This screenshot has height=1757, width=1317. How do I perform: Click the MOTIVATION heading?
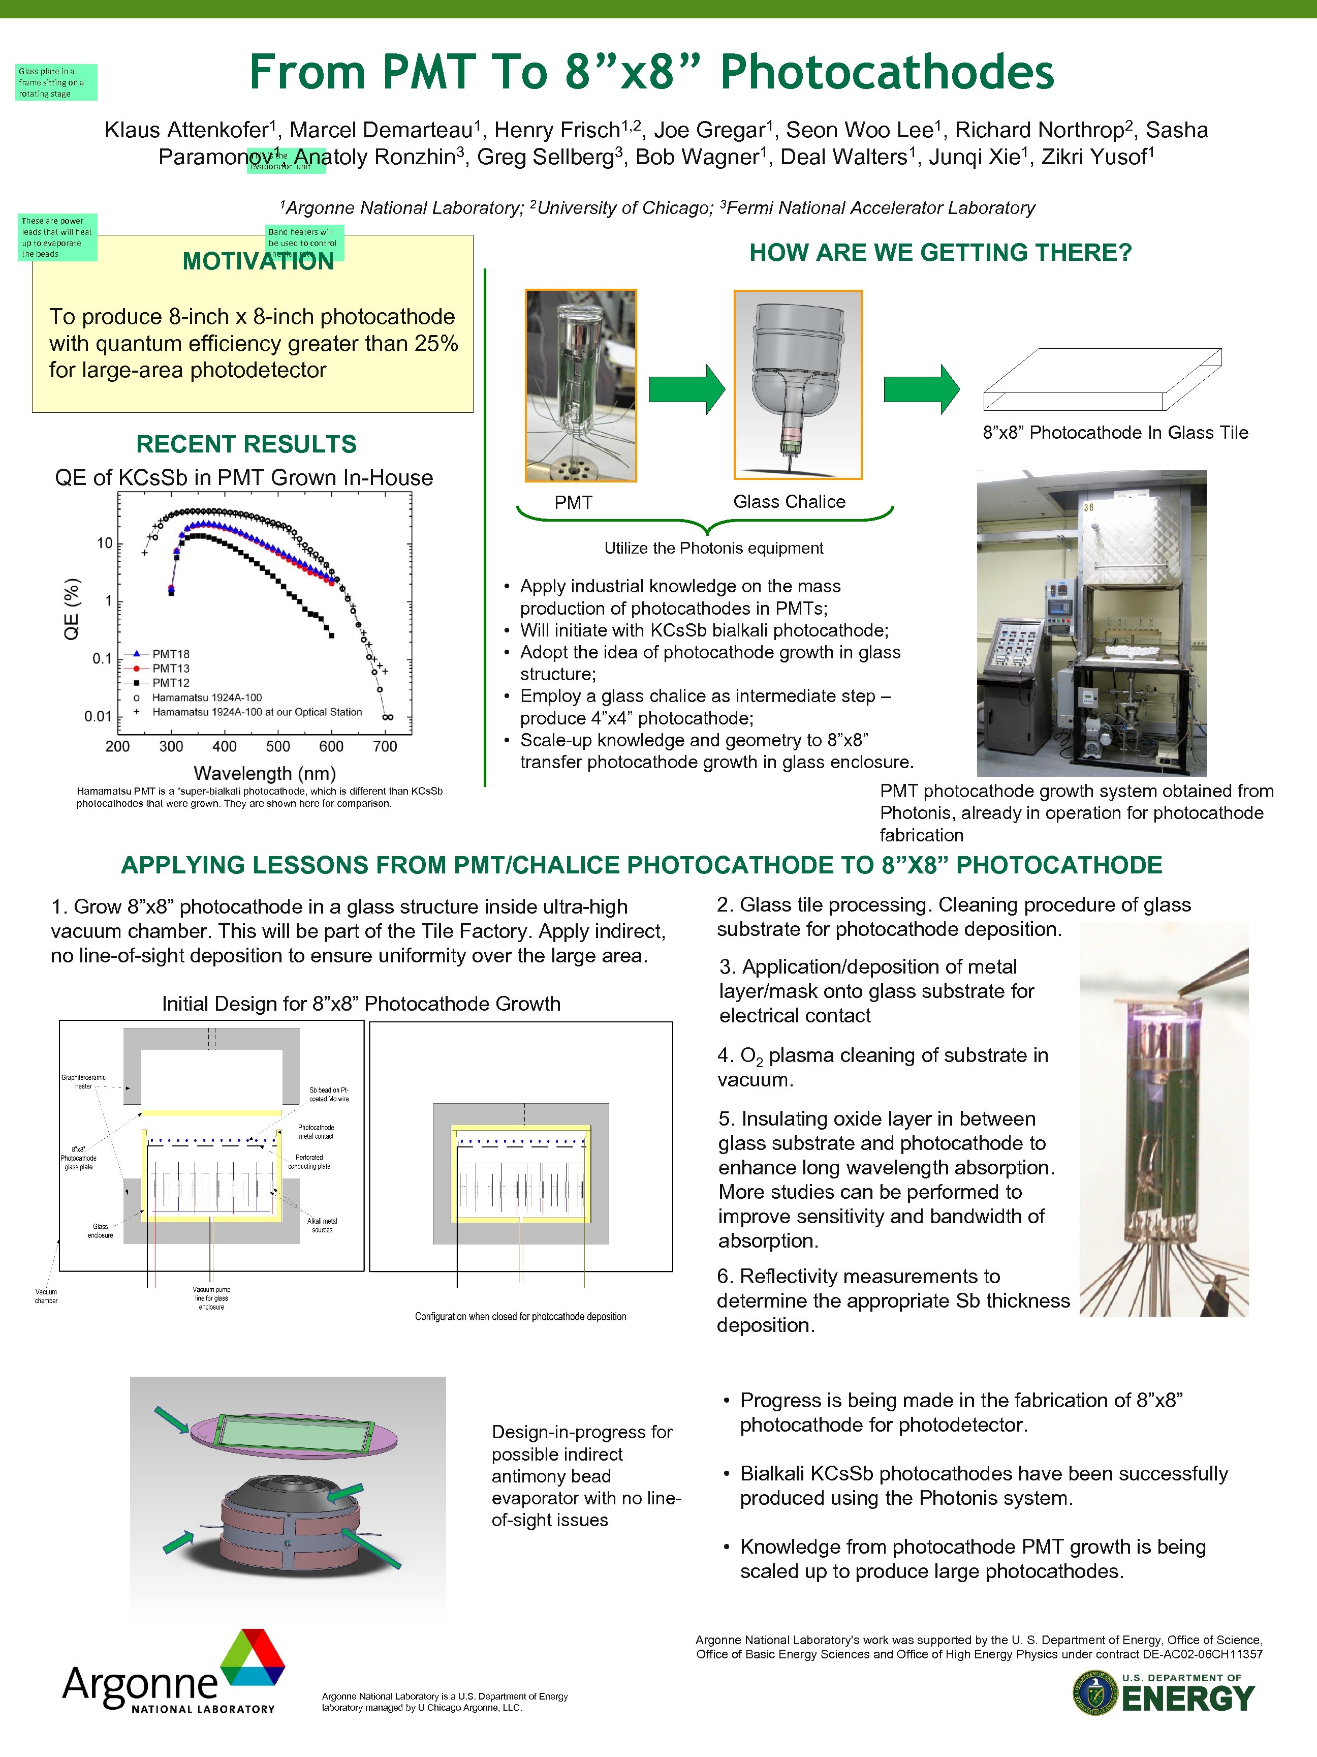[258, 261]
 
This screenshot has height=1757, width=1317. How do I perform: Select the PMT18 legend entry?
[171, 654]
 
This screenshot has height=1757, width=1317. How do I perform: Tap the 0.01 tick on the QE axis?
[99, 716]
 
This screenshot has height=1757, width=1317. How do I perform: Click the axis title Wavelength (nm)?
[264, 773]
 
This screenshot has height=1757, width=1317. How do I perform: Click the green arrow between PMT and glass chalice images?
[686, 389]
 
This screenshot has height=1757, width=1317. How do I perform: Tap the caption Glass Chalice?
[789, 501]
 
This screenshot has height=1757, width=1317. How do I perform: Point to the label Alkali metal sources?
[322, 1225]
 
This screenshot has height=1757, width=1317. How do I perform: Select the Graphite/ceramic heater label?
[83, 1081]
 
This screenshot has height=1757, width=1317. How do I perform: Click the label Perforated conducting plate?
[309, 1161]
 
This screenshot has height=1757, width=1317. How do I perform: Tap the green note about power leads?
[57, 237]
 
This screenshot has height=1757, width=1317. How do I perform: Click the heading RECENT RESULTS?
[246, 444]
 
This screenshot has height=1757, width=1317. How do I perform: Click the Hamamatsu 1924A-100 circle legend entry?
[206, 698]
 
